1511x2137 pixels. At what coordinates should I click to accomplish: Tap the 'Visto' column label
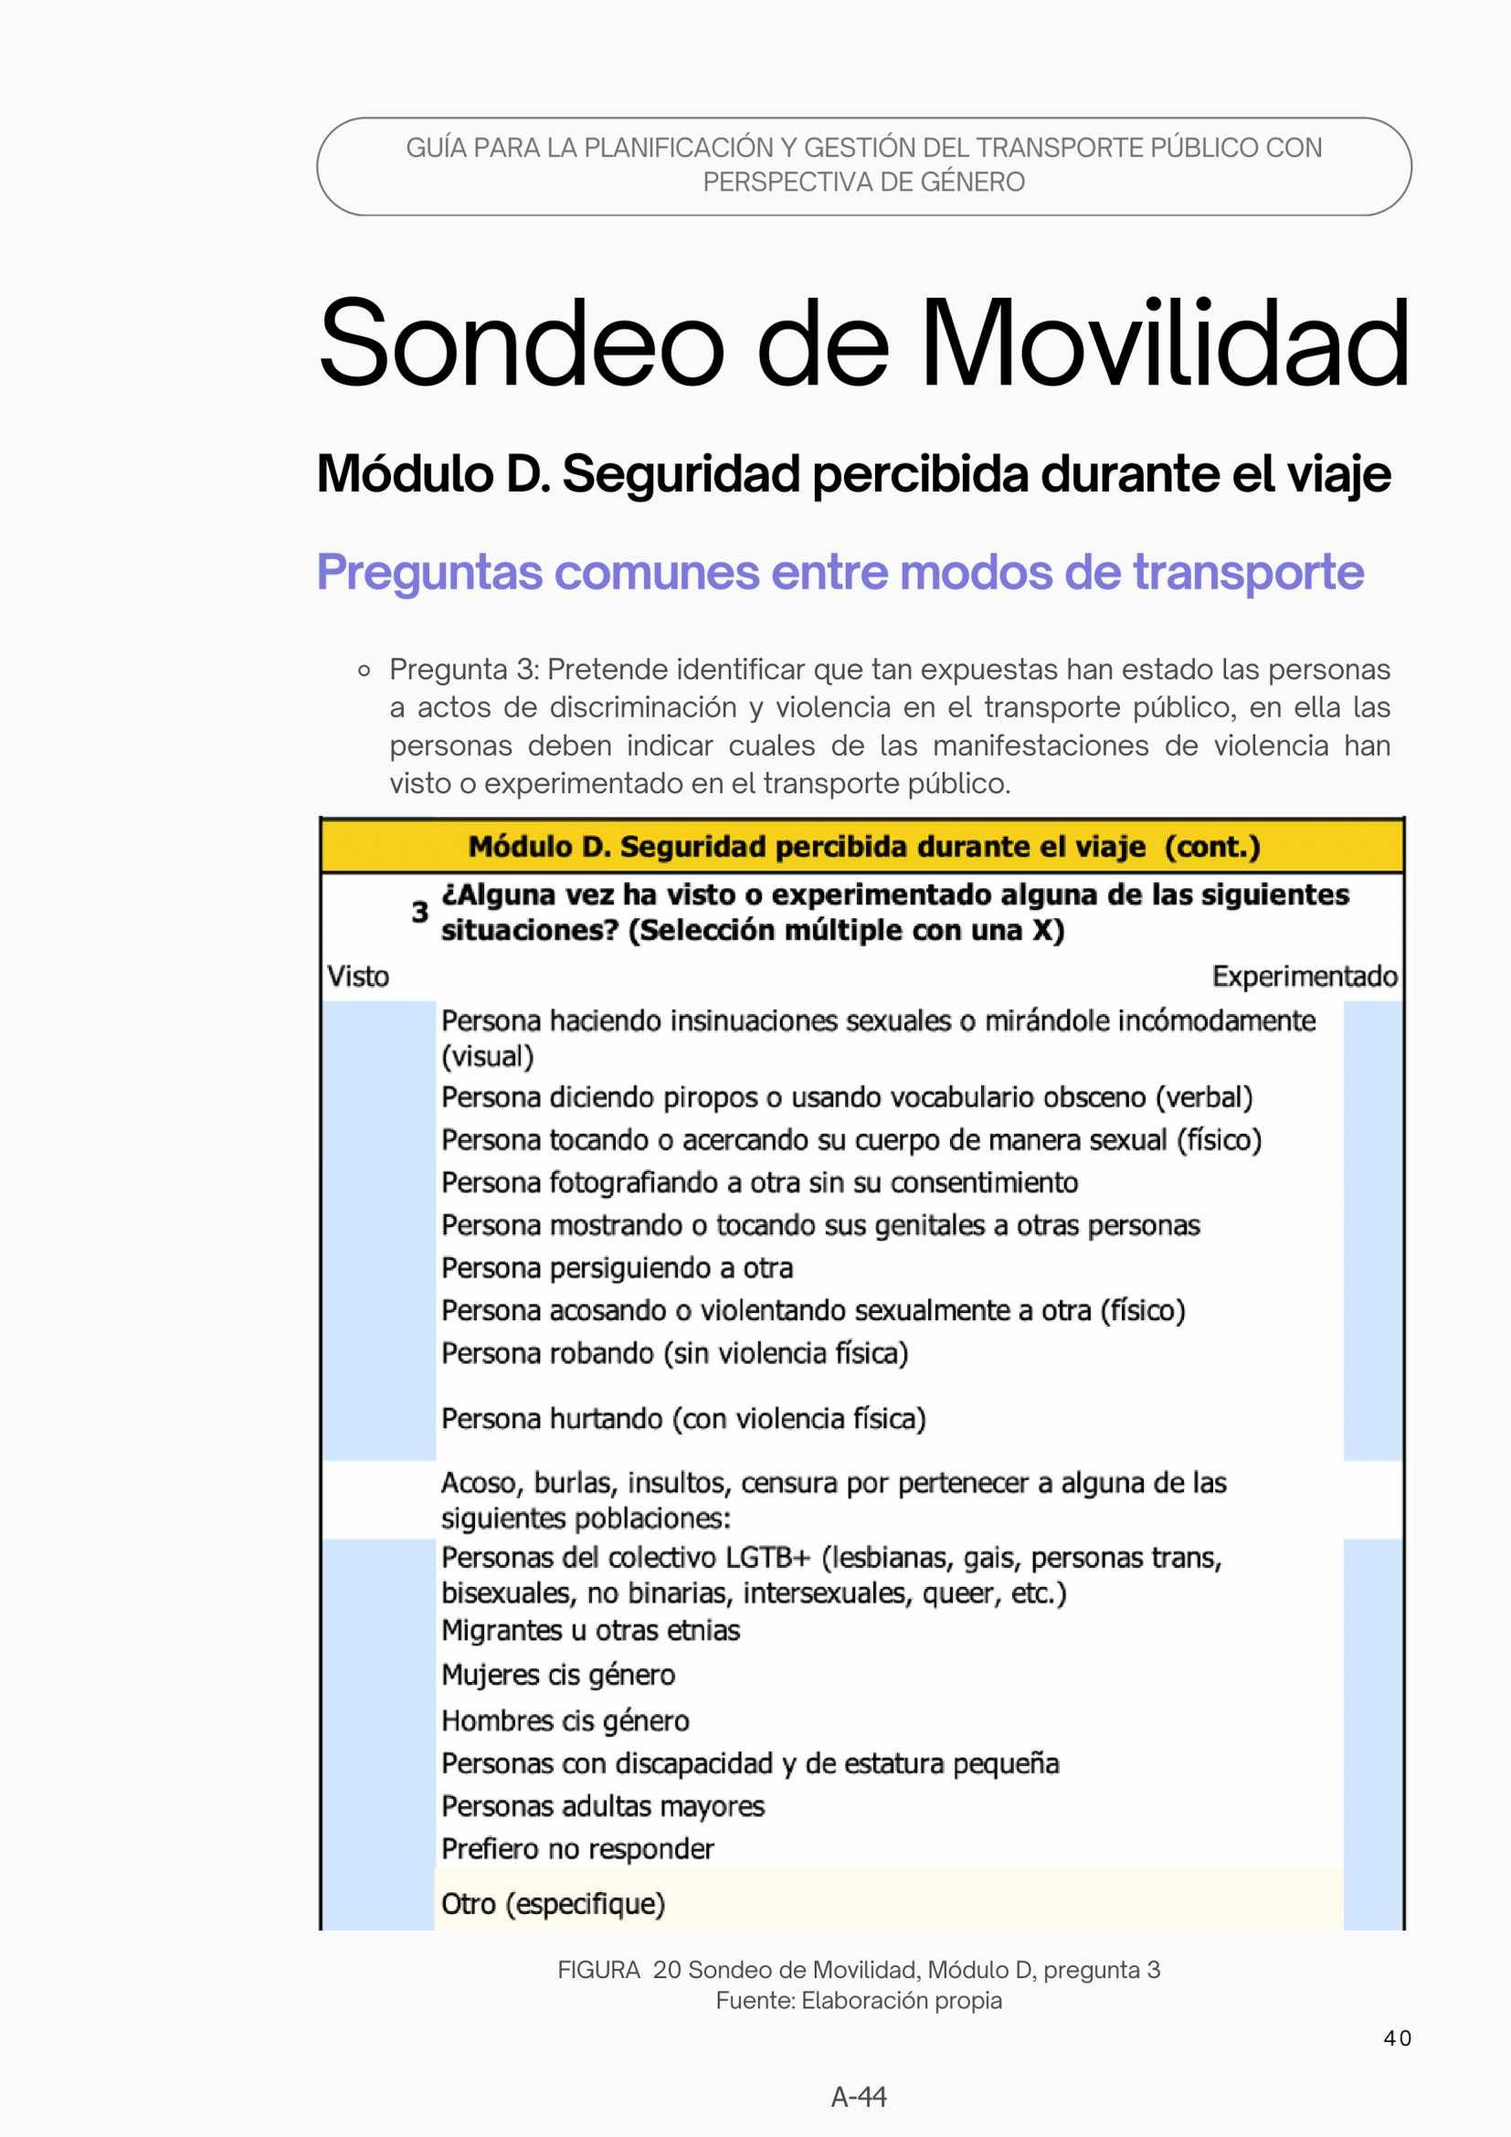(x=358, y=977)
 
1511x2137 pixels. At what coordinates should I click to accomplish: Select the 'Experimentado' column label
(x=1304, y=977)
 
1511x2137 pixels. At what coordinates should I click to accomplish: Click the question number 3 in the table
(x=419, y=912)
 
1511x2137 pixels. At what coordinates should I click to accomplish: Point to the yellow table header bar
(x=862, y=847)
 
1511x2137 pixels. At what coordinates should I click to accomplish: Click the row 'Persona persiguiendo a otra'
(x=617, y=1269)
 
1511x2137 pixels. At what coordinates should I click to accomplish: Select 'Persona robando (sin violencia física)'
(x=674, y=1353)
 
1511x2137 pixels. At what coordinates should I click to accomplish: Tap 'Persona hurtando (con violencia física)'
(x=684, y=1420)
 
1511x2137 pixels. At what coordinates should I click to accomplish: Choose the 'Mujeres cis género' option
(x=558, y=1676)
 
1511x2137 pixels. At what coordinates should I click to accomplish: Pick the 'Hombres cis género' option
(x=565, y=1721)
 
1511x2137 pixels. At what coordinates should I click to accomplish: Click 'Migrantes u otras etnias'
(x=591, y=1631)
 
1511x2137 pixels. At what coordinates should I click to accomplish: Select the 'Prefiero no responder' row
(x=577, y=1849)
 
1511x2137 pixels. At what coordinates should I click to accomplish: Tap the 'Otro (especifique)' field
(x=554, y=1904)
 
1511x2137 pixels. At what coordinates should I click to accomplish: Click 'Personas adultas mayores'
(x=603, y=1806)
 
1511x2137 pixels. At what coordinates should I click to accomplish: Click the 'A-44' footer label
(x=858, y=2097)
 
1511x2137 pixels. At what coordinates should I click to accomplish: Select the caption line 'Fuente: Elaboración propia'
(x=858, y=2000)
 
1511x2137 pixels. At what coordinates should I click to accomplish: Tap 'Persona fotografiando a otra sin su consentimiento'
(x=759, y=1183)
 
